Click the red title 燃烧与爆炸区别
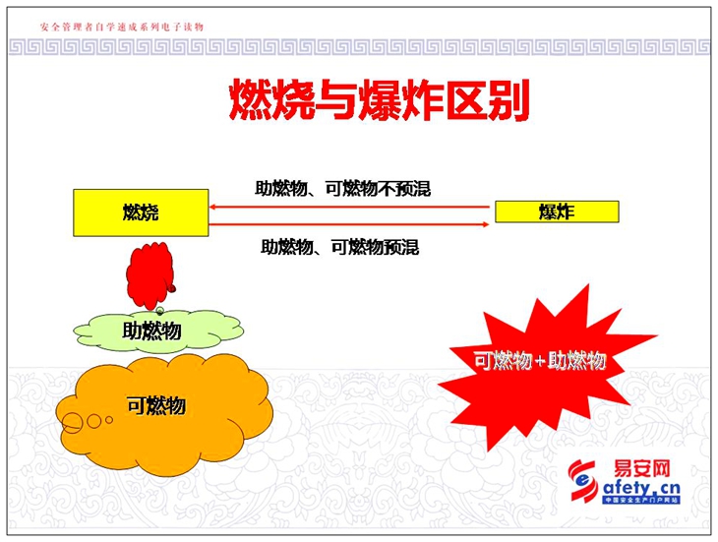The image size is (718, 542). (x=379, y=100)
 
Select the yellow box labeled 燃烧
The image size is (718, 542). (x=141, y=212)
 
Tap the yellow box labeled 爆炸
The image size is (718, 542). (x=557, y=211)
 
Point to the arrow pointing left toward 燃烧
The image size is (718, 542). (x=349, y=207)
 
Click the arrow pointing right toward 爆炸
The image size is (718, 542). (x=349, y=224)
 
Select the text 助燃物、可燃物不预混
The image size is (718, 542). (x=343, y=188)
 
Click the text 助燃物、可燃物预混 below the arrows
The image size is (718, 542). (x=340, y=247)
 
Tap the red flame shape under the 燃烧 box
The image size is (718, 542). (x=150, y=275)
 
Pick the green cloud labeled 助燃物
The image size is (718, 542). (x=158, y=331)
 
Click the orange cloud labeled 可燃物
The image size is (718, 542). (x=165, y=414)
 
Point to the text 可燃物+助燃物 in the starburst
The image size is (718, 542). (x=540, y=361)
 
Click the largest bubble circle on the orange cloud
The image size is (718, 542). (x=72, y=423)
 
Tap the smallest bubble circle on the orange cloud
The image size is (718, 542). (x=109, y=419)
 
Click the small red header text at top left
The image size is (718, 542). (x=122, y=27)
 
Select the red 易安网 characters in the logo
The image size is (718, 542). (x=641, y=469)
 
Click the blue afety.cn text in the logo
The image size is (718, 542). (x=641, y=488)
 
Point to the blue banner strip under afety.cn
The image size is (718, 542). (x=641, y=500)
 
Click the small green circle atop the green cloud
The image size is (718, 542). (x=159, y=311)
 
